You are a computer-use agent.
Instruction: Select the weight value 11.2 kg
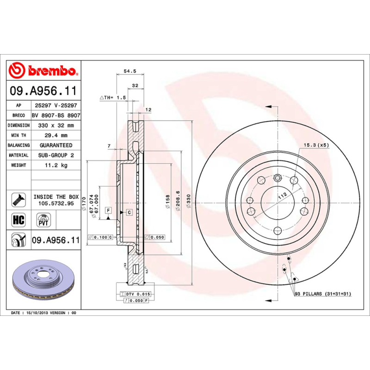click(55, 165)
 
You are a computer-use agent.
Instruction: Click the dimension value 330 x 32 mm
click(55, 125)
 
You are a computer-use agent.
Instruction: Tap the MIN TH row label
click(19, 136)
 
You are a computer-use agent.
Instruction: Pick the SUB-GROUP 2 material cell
click(55, 155)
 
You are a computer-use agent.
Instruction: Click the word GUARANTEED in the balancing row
click(55, 145)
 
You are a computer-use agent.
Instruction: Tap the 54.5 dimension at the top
click(130, 71)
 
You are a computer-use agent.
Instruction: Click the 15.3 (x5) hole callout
click(315, 145)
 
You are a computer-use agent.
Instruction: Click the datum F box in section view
click(108, 210)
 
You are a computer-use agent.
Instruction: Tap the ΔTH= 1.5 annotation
click(113, 98)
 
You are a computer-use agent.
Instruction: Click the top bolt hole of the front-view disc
click(277, 178)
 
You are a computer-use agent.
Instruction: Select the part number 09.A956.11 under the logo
click(43, 91)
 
